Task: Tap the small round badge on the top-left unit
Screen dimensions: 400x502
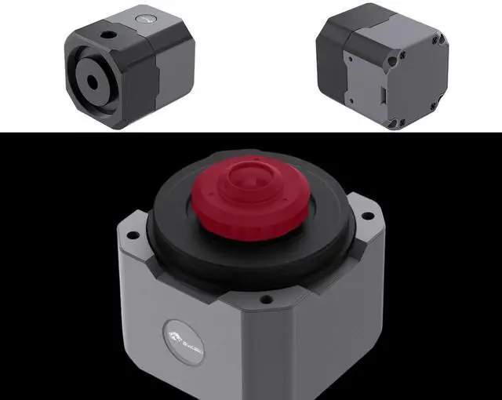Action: (144, 16)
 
